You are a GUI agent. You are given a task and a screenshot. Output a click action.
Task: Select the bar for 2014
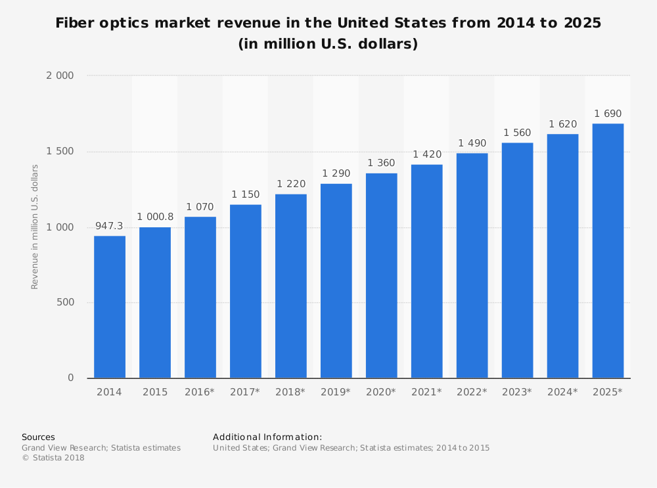110,307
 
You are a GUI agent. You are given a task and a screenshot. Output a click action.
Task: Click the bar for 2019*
336,280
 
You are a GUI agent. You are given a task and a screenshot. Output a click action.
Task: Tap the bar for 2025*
608,251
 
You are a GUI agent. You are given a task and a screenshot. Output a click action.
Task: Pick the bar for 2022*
472,265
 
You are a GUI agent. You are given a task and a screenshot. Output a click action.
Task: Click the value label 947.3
109,227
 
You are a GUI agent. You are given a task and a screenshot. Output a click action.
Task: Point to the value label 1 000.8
154,217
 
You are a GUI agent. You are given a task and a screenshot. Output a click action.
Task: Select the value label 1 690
608,114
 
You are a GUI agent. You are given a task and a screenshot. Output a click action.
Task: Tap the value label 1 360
381,163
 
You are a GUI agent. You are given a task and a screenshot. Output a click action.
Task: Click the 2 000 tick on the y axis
60,76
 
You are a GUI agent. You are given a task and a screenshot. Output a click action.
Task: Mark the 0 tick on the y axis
70,378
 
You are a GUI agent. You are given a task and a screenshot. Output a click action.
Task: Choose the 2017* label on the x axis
245,392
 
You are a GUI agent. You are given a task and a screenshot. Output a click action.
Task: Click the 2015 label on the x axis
154,392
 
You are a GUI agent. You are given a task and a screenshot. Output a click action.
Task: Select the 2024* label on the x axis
562,392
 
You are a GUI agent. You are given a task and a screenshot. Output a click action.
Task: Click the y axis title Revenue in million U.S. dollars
35,227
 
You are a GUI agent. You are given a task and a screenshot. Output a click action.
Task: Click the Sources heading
38,437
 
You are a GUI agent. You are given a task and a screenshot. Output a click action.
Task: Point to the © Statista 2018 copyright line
53,458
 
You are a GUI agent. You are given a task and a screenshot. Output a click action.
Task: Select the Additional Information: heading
267,437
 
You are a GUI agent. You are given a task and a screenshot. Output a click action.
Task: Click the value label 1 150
245,194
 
